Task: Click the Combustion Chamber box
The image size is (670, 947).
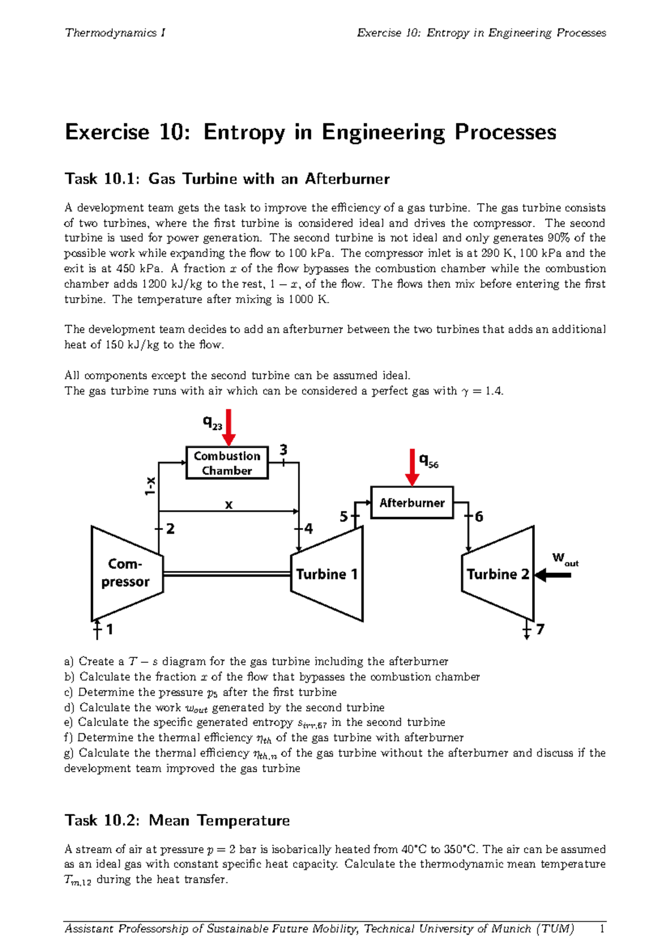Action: coord(227,463)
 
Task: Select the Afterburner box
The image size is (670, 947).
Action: coord(412,503)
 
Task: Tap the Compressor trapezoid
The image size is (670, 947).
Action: coord(126,573)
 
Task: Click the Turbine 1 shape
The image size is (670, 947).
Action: coord(327,574)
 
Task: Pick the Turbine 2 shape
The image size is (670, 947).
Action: coord(497,574)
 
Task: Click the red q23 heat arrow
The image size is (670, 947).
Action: coord(229,427)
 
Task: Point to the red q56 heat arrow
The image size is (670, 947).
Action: coord(412,467)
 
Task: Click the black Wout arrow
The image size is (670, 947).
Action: coord(553,575)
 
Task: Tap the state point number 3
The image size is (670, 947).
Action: coord(284,450)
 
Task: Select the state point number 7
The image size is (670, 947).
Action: coord(540,629)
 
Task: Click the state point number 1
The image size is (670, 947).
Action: coord(109,629)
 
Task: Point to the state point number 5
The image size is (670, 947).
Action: coord(344,516)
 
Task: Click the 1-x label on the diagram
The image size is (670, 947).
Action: coord(150,486)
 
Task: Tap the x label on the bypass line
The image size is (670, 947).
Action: coord(228,505)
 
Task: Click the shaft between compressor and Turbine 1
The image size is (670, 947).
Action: coord(227,574)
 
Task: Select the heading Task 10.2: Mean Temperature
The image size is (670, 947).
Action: coord(177,820)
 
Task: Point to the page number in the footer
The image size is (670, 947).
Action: coord(602,929)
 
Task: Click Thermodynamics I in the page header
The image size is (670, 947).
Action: coord(115,33)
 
